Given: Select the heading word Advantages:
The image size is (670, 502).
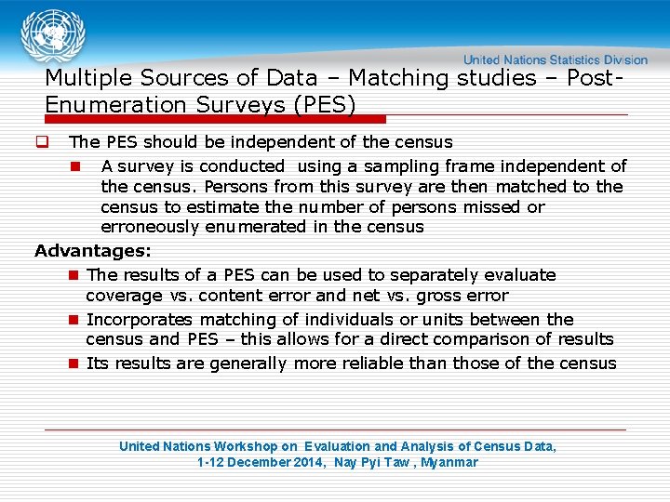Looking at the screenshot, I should (x=93, y=251).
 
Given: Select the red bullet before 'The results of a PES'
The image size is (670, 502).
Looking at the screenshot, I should (x=73, y=275).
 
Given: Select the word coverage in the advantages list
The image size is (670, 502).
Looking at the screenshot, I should (x=124, y=296).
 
